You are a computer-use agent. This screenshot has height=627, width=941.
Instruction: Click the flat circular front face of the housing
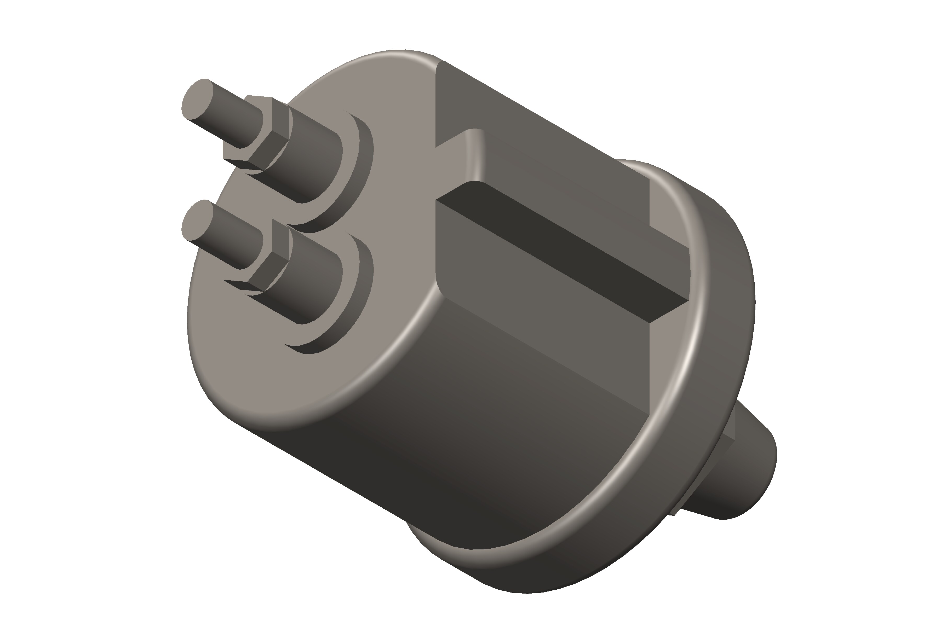click(x=256, y=360)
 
